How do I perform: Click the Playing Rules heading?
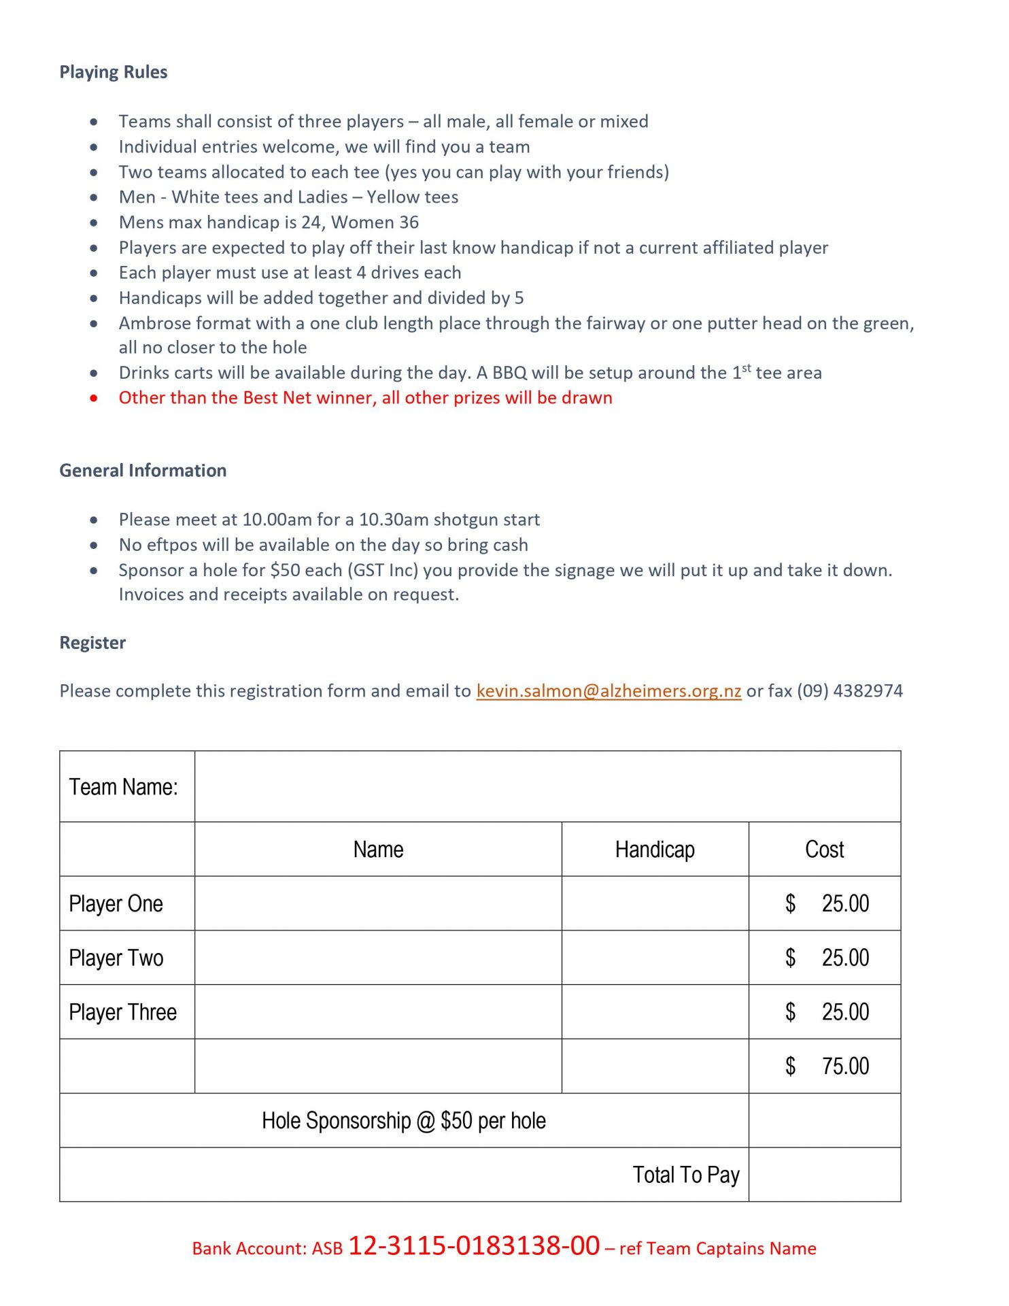coord(113,72)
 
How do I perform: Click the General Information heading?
coord(143,471)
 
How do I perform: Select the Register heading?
coord(92,643)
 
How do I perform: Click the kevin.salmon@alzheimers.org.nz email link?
coord(609,691)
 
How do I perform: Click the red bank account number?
coord(474,1246)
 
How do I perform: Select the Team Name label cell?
coord(124,787)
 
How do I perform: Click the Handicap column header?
coord(655,850)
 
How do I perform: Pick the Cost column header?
coord(824,850)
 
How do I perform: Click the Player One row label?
coord(116,904)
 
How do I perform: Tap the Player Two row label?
coord(116,958)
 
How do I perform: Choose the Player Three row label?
coord(123,1013)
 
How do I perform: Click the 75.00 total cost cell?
coord(844,1067)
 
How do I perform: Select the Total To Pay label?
coord(686,1175)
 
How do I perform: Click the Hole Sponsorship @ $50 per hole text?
coord(404,1121)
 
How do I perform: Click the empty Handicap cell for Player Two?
coord(655,958)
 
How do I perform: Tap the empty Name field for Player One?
coord(378,904)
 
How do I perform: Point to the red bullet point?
coord(94,398)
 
